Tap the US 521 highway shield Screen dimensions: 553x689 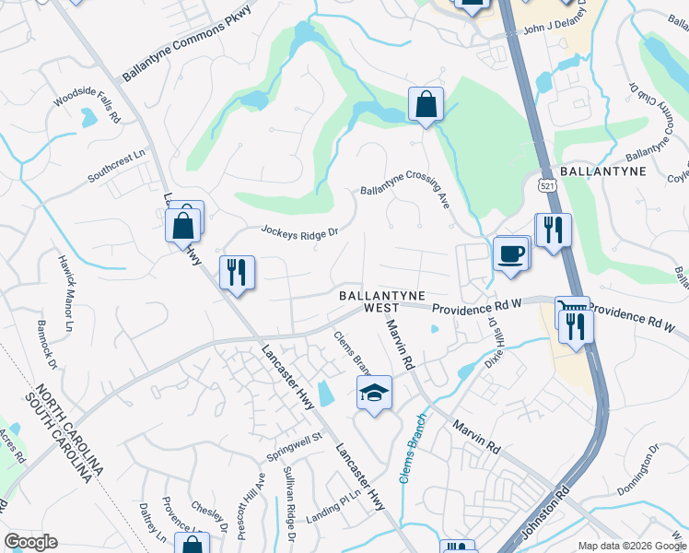[x=546, y=185]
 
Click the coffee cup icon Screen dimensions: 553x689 [x=510, y=253]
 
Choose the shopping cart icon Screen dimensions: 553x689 [x=570, y=306]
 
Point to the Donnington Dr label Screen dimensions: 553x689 [x=639, y=470]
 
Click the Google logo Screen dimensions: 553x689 [x=30, y=541]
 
